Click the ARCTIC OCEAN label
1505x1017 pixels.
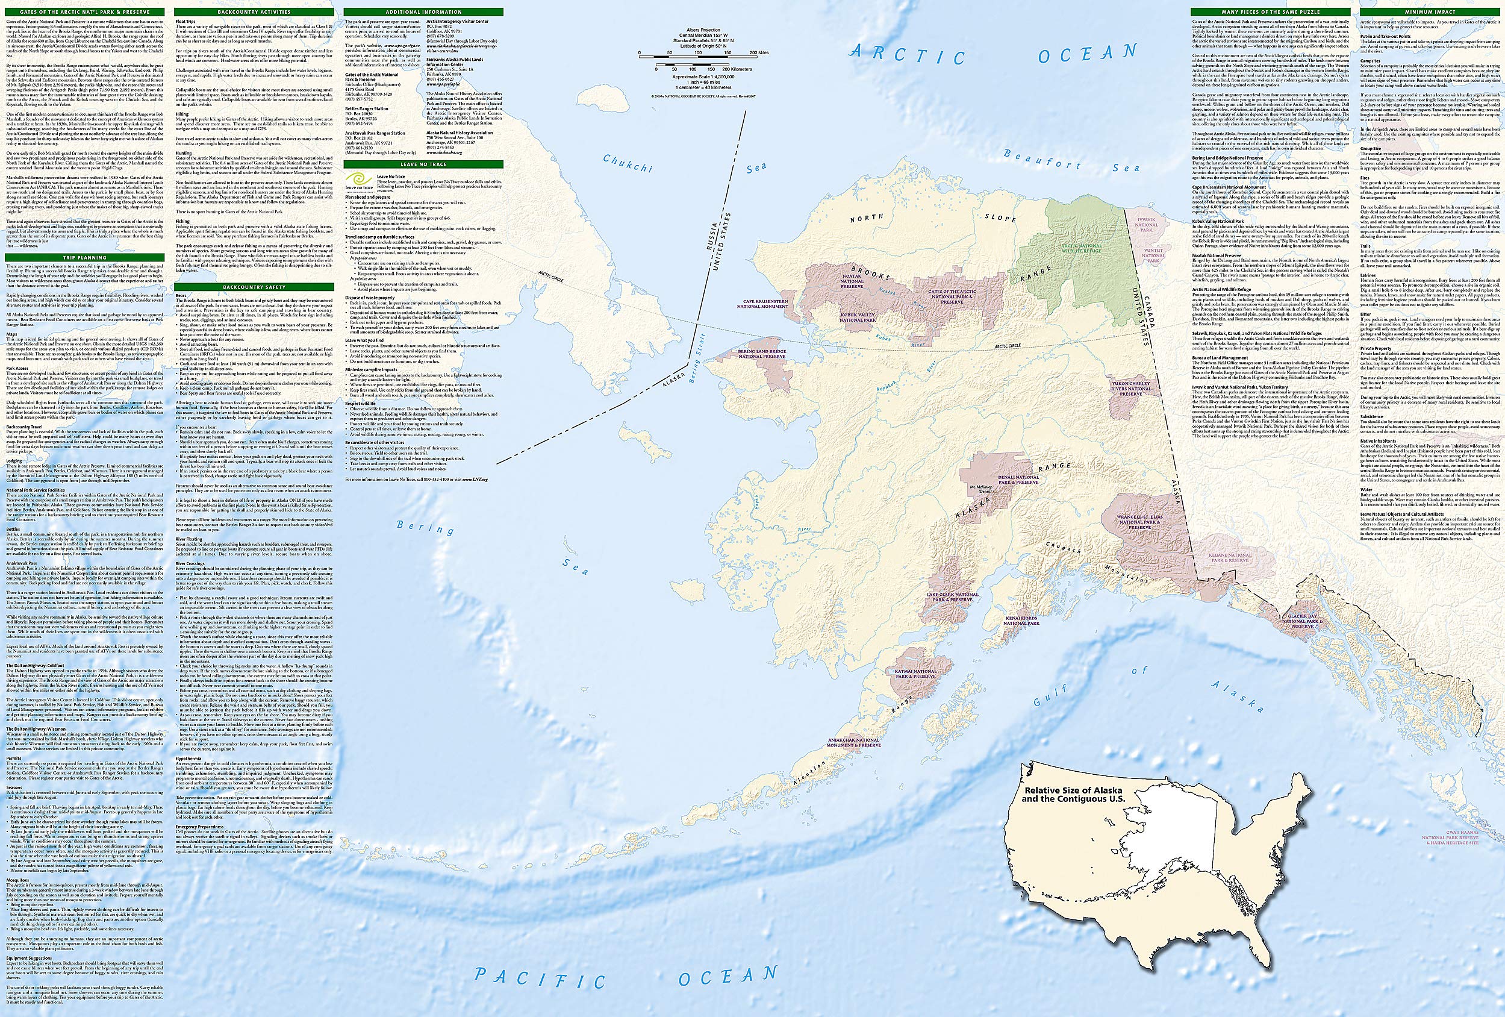click(x=994, y=62)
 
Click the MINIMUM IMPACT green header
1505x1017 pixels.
click(x=1434, y=12)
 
